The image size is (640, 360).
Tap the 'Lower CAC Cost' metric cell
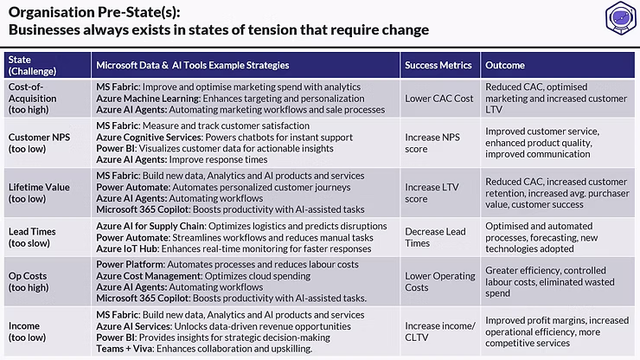click(x=439, y=99)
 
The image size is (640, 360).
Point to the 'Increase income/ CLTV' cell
click(x=439, y=331)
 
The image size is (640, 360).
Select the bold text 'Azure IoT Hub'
click(x=128, y=249)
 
